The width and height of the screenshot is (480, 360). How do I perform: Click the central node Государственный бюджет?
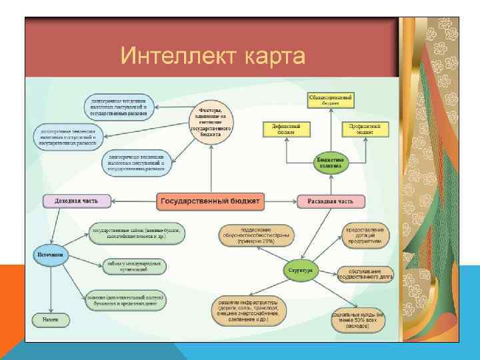(x=211, y=200)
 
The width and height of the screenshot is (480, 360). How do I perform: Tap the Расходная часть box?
(x=331, y=201)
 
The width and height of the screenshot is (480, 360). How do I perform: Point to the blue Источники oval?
(x=51, y=254)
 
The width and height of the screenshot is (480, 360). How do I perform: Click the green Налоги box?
(x=51, y=319)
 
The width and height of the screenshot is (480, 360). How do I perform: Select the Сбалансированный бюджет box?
(x=331, y=101)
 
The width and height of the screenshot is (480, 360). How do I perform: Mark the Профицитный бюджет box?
(x=365, y=129)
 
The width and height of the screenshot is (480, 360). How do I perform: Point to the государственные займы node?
(x=136, y=233)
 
